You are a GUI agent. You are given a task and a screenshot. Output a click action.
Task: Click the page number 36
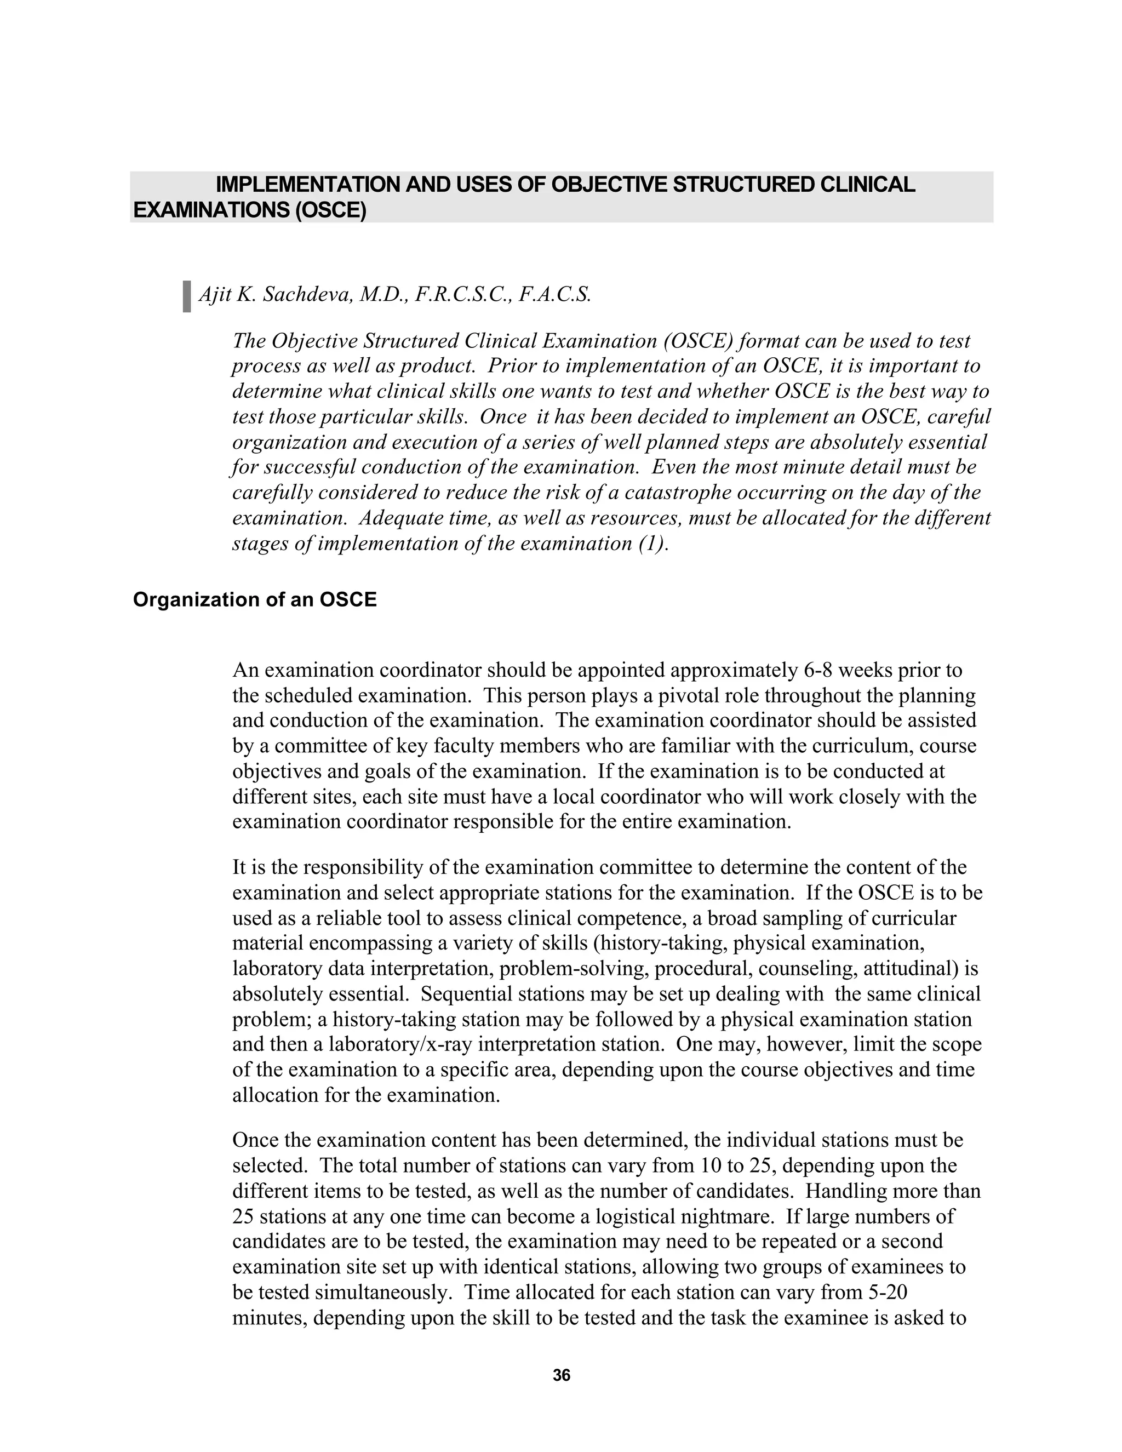[x=561, y=1375]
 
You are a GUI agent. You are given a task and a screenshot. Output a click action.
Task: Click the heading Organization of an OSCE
[x=255, y=599]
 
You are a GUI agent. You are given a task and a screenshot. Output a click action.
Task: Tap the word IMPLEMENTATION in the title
[x=308, y=185]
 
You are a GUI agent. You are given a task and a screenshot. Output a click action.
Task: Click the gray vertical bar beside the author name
[x=187, y=296]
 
